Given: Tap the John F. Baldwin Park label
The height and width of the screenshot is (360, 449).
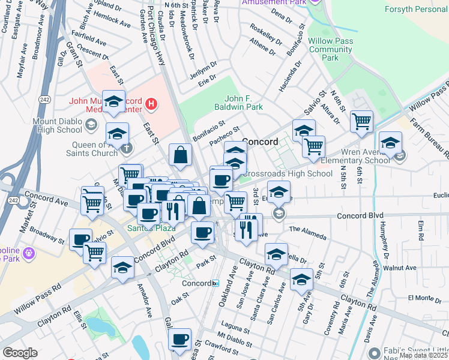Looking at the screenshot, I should pyautogui.click(x=244, y=103).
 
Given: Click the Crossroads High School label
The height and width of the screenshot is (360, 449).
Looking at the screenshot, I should pyautogui.click(x=288, y=174).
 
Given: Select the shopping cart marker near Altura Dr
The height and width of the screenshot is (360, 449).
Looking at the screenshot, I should pyautogui.click(x=361, y=121).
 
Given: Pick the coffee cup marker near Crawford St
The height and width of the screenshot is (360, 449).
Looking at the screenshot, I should pyautogui.click(x=179, y=340).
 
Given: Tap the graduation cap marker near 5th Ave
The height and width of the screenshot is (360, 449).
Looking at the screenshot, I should pyautogui.click(x=301, y=280).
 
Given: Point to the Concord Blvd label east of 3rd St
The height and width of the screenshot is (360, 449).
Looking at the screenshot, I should pyautogui.click(x=360, y=215).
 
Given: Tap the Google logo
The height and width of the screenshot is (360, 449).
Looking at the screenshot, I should pyautogui.click(x=20, y=353).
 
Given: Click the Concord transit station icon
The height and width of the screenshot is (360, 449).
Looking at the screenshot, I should pyautogui.click(x=215, y=283).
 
